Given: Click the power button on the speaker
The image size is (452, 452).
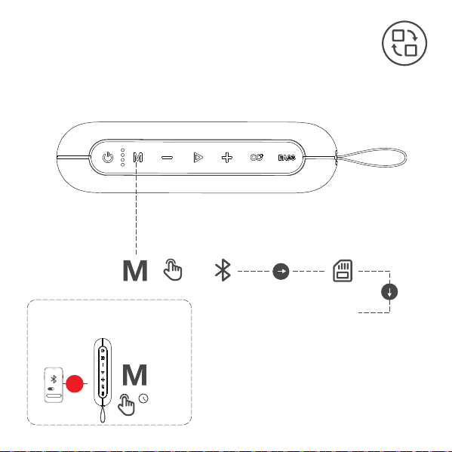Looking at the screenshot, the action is [108, 158].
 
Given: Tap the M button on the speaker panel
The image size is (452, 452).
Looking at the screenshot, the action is [138, 158].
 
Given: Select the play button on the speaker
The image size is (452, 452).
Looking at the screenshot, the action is [198, 158].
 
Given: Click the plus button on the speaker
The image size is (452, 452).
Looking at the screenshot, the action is [227, 158].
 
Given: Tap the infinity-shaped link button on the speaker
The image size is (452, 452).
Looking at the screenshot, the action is [257, 158].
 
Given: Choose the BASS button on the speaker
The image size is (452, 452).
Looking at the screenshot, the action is [287, 158].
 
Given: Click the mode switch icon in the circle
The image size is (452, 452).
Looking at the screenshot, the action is [404, 43].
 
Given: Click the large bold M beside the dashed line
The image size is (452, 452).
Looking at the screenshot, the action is [135, 270].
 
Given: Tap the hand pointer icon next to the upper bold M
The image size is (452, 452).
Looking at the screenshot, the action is [172, 270].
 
